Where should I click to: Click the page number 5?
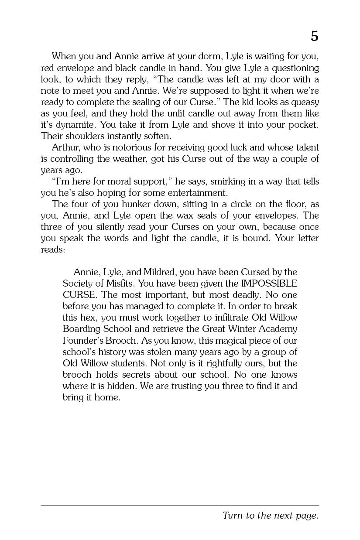click(x=314, y=37)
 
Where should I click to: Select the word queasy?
click(x=304, y=102)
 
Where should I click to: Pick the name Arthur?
click(x=65, y=147)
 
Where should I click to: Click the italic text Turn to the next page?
click(x=270, y=516)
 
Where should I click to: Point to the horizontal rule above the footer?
click(x=180, y=506)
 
